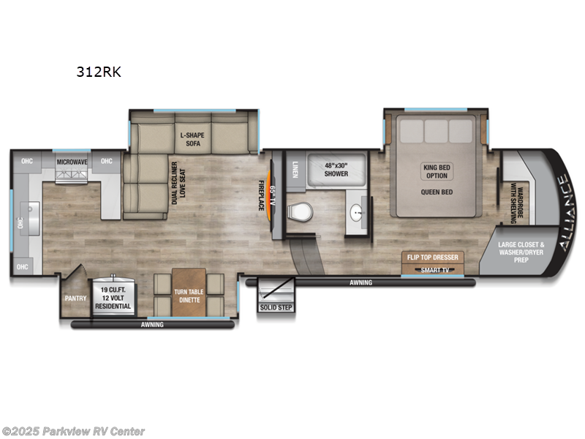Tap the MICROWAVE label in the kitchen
click(72, 161)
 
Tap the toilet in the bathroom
click(301, 213)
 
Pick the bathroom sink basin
click(356, 214)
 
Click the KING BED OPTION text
click(437, 171)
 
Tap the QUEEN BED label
click(437, 193)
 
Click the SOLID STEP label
click(276, 307)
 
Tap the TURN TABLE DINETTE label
click(191, 296)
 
